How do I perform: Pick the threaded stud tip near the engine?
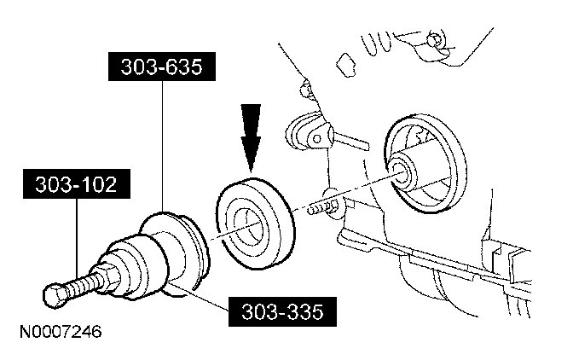[x=317, y=207]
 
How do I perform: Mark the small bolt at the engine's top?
[x=436, y=40]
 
